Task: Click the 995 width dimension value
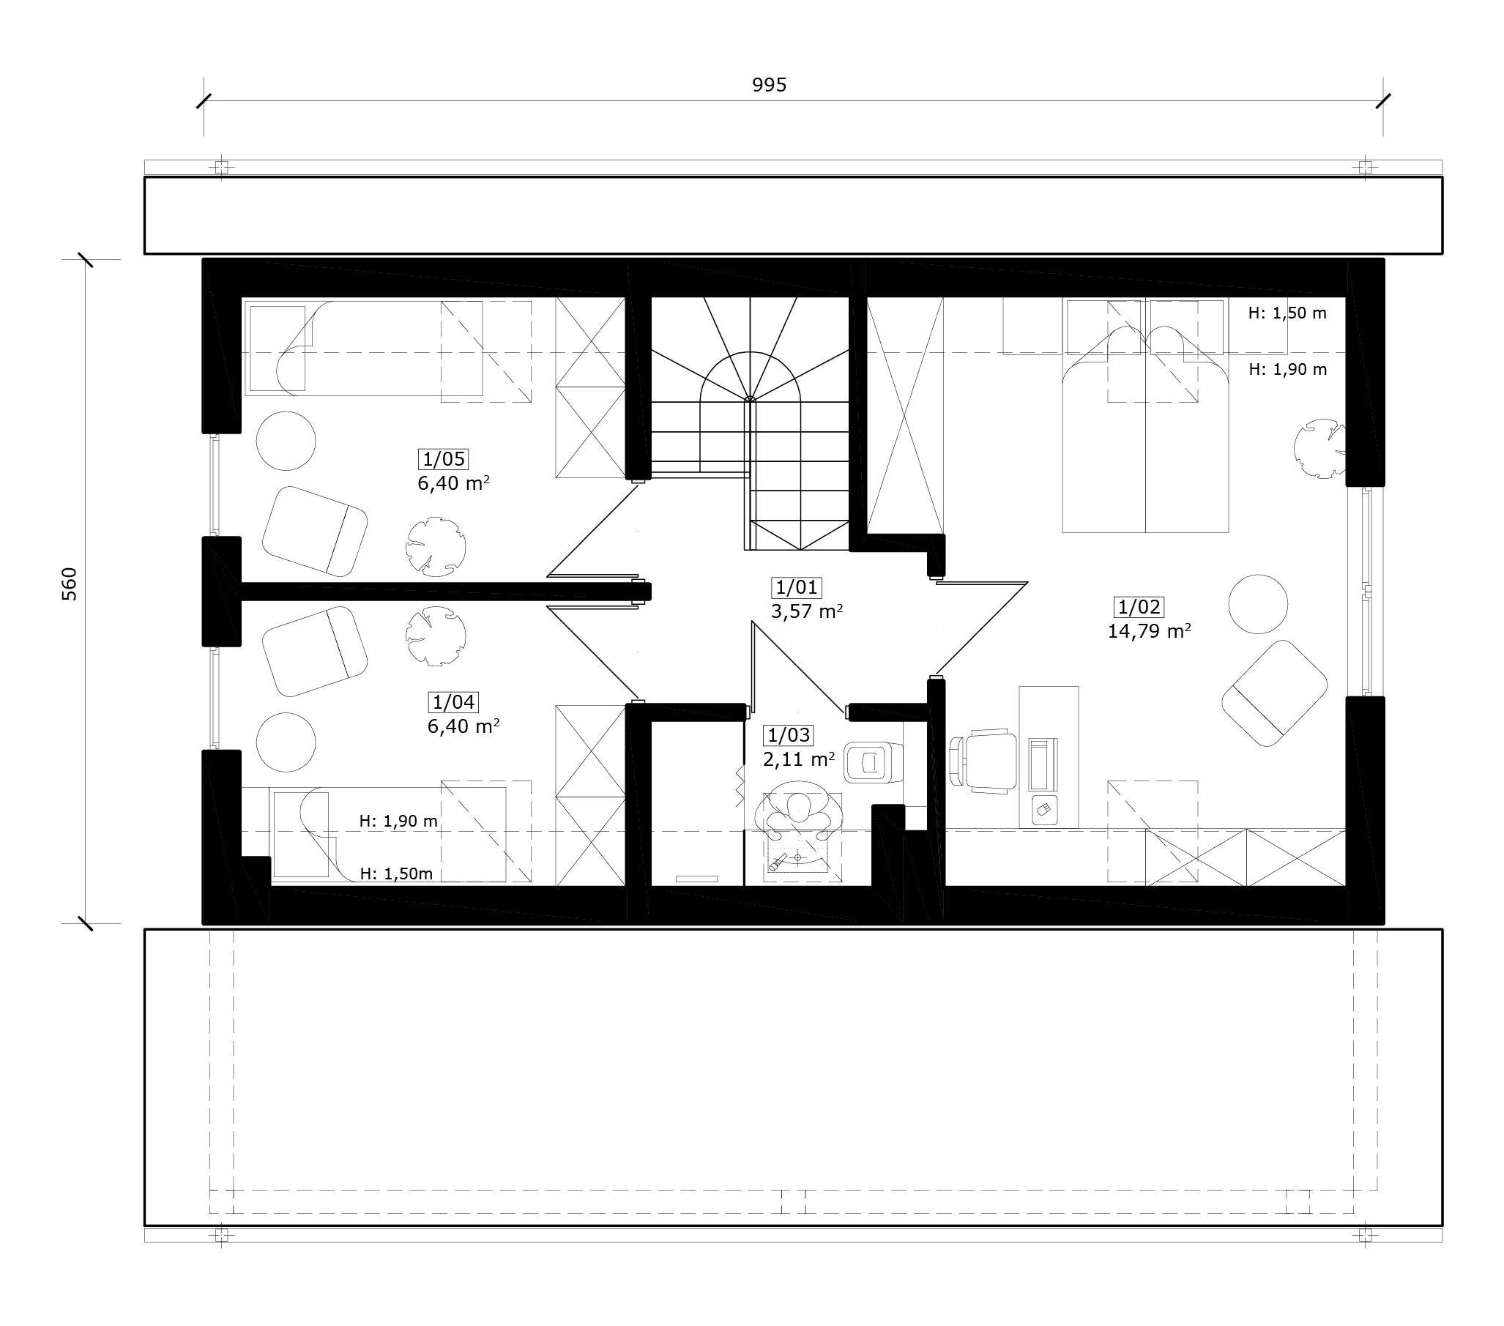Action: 769,86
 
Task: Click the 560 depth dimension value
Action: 69,584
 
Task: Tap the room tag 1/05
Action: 444,459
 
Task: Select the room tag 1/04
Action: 453,702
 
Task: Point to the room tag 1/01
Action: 797,587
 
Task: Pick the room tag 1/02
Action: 1139,607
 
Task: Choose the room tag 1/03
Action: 789,735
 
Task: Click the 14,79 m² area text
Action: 1150,631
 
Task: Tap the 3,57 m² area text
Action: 806,611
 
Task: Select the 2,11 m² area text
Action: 798,759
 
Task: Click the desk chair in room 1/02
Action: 985,761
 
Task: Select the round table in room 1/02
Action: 1258,604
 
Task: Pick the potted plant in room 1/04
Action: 436,636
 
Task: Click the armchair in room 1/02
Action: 1274,693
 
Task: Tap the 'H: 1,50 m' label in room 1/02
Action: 1288,313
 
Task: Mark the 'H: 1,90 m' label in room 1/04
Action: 398,822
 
